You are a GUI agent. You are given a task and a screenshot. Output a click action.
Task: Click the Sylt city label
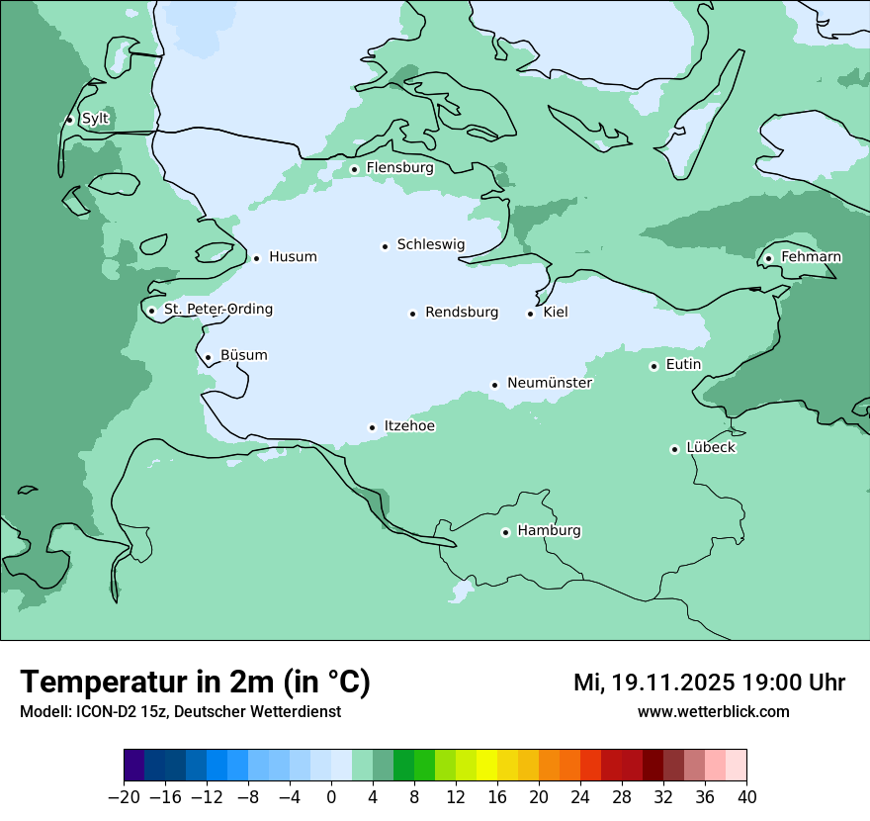[95, 119]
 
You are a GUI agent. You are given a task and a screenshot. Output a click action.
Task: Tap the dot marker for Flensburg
[354, 169]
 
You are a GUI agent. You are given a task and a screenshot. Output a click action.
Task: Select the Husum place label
[293, 257]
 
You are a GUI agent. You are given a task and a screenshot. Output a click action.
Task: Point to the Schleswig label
[430, 244]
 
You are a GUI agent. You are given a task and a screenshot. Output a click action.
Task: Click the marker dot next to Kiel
[531, 314]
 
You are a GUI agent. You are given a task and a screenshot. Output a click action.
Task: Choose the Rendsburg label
[462, 313]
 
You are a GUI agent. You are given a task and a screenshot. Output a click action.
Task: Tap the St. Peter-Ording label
[217, 310]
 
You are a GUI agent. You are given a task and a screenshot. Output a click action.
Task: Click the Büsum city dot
[208, 357]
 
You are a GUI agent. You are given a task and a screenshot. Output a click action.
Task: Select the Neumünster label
[550, 383]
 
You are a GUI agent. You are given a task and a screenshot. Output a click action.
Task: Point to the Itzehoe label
[409, 426]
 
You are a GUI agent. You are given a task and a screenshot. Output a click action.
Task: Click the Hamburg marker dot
[505, 532]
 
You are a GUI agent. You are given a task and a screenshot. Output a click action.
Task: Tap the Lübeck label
[711, 448]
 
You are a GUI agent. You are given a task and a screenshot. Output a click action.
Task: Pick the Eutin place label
[683, 365]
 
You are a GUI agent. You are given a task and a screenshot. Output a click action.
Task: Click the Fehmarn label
[811, 257]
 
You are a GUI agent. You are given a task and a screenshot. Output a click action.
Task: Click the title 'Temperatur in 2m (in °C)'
[195, 682]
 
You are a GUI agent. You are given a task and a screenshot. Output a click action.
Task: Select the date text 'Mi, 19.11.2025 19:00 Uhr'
[709, 683]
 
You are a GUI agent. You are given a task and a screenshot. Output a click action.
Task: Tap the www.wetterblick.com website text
[713, 712]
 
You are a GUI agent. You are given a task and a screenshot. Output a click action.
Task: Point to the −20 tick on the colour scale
[125, 797]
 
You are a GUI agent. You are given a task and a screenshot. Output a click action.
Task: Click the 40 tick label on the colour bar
[746, 797]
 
